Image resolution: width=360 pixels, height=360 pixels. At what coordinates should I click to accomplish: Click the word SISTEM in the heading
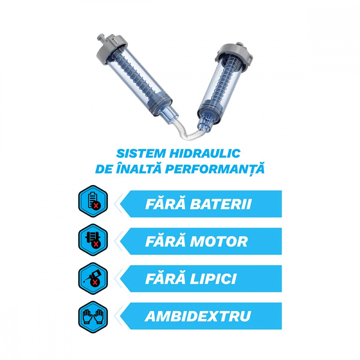141,154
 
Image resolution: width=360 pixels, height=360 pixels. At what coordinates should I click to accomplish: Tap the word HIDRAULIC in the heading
205,154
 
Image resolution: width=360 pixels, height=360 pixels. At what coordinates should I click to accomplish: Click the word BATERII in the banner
221,204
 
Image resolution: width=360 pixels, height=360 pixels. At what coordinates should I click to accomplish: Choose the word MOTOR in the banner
219,242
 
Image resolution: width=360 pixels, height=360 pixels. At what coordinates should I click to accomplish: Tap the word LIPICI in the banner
213,279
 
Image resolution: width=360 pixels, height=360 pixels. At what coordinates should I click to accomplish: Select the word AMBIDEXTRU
198,316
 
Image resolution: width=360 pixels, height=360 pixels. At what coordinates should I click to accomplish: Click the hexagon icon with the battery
93,201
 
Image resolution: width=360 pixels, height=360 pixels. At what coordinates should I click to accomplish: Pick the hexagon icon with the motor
93,240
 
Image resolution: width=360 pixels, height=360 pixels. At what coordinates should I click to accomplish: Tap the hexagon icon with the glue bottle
93,278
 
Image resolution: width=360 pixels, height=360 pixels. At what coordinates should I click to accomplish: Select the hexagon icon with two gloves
93,317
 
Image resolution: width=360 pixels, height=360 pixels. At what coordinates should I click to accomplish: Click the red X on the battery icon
96,206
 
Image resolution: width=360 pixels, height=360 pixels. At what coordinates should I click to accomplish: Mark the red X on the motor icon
96,244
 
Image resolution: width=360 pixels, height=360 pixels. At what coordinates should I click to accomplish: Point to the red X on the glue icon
95,282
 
